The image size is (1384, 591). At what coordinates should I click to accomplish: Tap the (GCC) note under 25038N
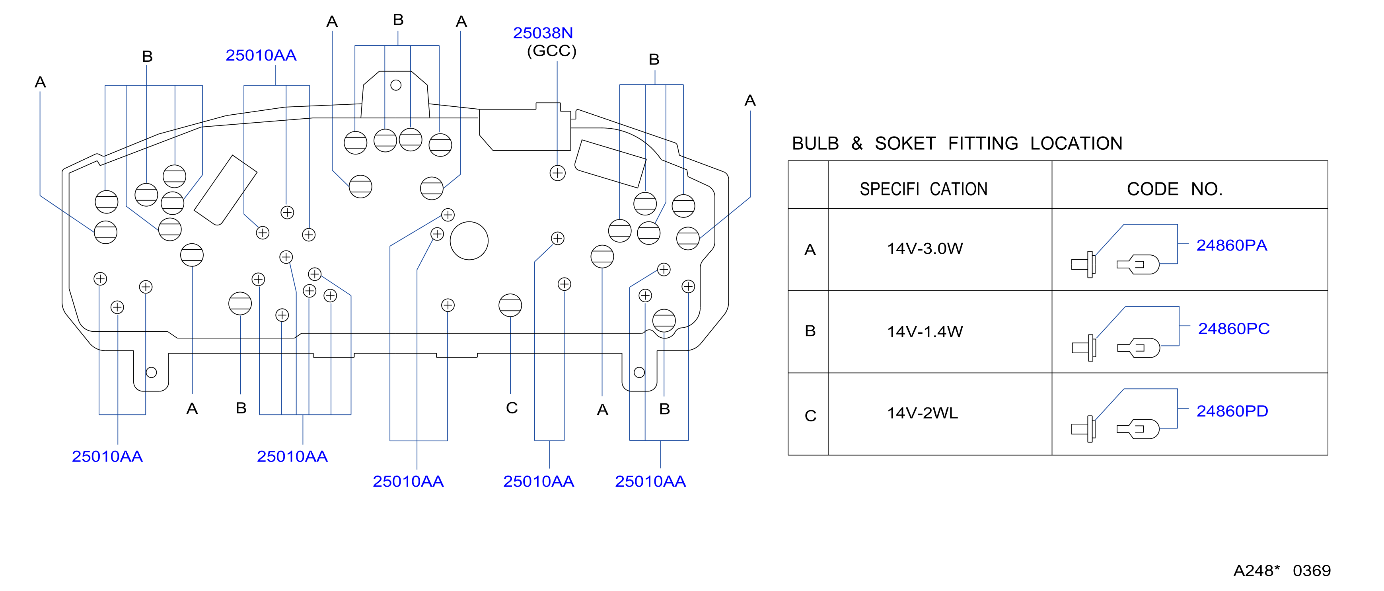[551, 51]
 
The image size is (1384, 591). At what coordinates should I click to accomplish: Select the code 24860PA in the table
[1231, 245]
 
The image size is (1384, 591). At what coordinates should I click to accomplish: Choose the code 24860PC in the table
[1234, 329]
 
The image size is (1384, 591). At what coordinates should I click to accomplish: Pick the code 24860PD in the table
[1232, 411]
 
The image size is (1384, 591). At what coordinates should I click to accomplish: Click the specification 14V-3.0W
[925, 249]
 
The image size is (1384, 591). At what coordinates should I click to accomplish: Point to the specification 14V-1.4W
[925, 331]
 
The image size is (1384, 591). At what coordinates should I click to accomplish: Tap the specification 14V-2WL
[922, 413]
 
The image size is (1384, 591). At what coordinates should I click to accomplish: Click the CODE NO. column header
[1174, 189]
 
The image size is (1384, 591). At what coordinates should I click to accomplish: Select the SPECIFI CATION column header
[924, 189]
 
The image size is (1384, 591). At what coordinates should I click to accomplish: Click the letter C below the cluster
[512, 408]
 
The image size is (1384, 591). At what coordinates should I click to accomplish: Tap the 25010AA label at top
[261, 55]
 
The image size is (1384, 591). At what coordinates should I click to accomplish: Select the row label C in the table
[810, 416]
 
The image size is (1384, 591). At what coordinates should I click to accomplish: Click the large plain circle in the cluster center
[469, 241]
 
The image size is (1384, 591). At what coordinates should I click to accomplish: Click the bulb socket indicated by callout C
[510, 305]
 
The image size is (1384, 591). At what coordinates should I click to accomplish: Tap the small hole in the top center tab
[396, 85]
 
